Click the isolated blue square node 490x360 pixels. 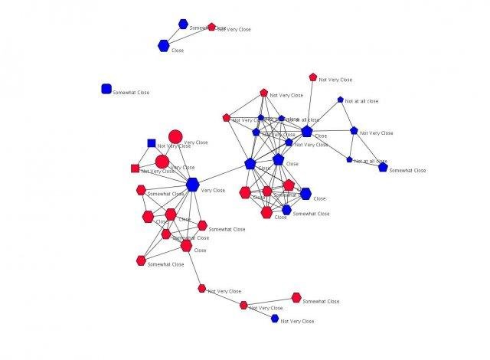[106, 89]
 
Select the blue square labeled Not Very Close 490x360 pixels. [152, 142]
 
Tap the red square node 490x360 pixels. [136, 169]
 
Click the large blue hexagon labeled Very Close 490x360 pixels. [192, 184]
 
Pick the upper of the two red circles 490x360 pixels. [175, 136]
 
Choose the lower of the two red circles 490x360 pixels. [162, 162]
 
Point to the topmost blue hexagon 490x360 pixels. [183, 24]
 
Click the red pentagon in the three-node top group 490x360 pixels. [212, 27]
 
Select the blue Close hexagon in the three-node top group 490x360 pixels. [163, 46]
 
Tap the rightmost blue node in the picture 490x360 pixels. [383, 167]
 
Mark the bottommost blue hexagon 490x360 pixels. [275, 318]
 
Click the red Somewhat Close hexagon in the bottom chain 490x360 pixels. [296, 297]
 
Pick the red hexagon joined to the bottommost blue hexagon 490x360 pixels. [243, 305]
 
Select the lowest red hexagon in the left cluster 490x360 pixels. [141, 260]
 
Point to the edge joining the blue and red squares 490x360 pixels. [144, 155]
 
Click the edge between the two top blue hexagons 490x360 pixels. [173, 35]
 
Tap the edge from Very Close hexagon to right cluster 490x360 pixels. [222, 173]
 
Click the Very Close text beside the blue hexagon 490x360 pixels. [213, 190]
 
